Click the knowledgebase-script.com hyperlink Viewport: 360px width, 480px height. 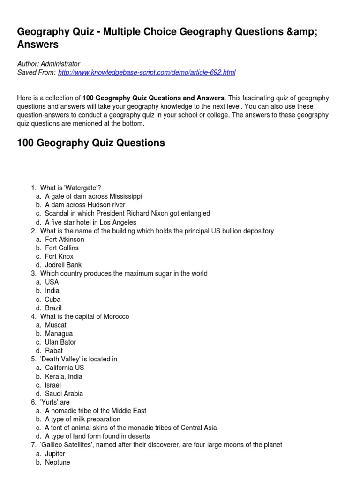146,72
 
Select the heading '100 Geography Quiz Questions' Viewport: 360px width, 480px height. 91,143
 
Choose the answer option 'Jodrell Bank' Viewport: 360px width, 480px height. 63,265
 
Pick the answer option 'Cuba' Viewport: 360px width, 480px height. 52,299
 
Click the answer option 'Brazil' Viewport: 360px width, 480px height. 53,308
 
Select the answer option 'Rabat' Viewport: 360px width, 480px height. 54,350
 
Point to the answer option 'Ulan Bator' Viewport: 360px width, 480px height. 60,342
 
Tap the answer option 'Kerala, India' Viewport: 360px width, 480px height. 64,376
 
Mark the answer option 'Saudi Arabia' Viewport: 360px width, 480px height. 64,394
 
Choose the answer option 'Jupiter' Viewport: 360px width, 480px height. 55,454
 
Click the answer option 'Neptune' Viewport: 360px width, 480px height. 57,462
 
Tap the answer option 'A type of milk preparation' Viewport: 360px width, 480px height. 82,419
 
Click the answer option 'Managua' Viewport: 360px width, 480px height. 59,333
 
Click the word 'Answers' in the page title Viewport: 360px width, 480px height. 38,45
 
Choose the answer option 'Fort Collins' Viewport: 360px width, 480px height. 62,247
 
